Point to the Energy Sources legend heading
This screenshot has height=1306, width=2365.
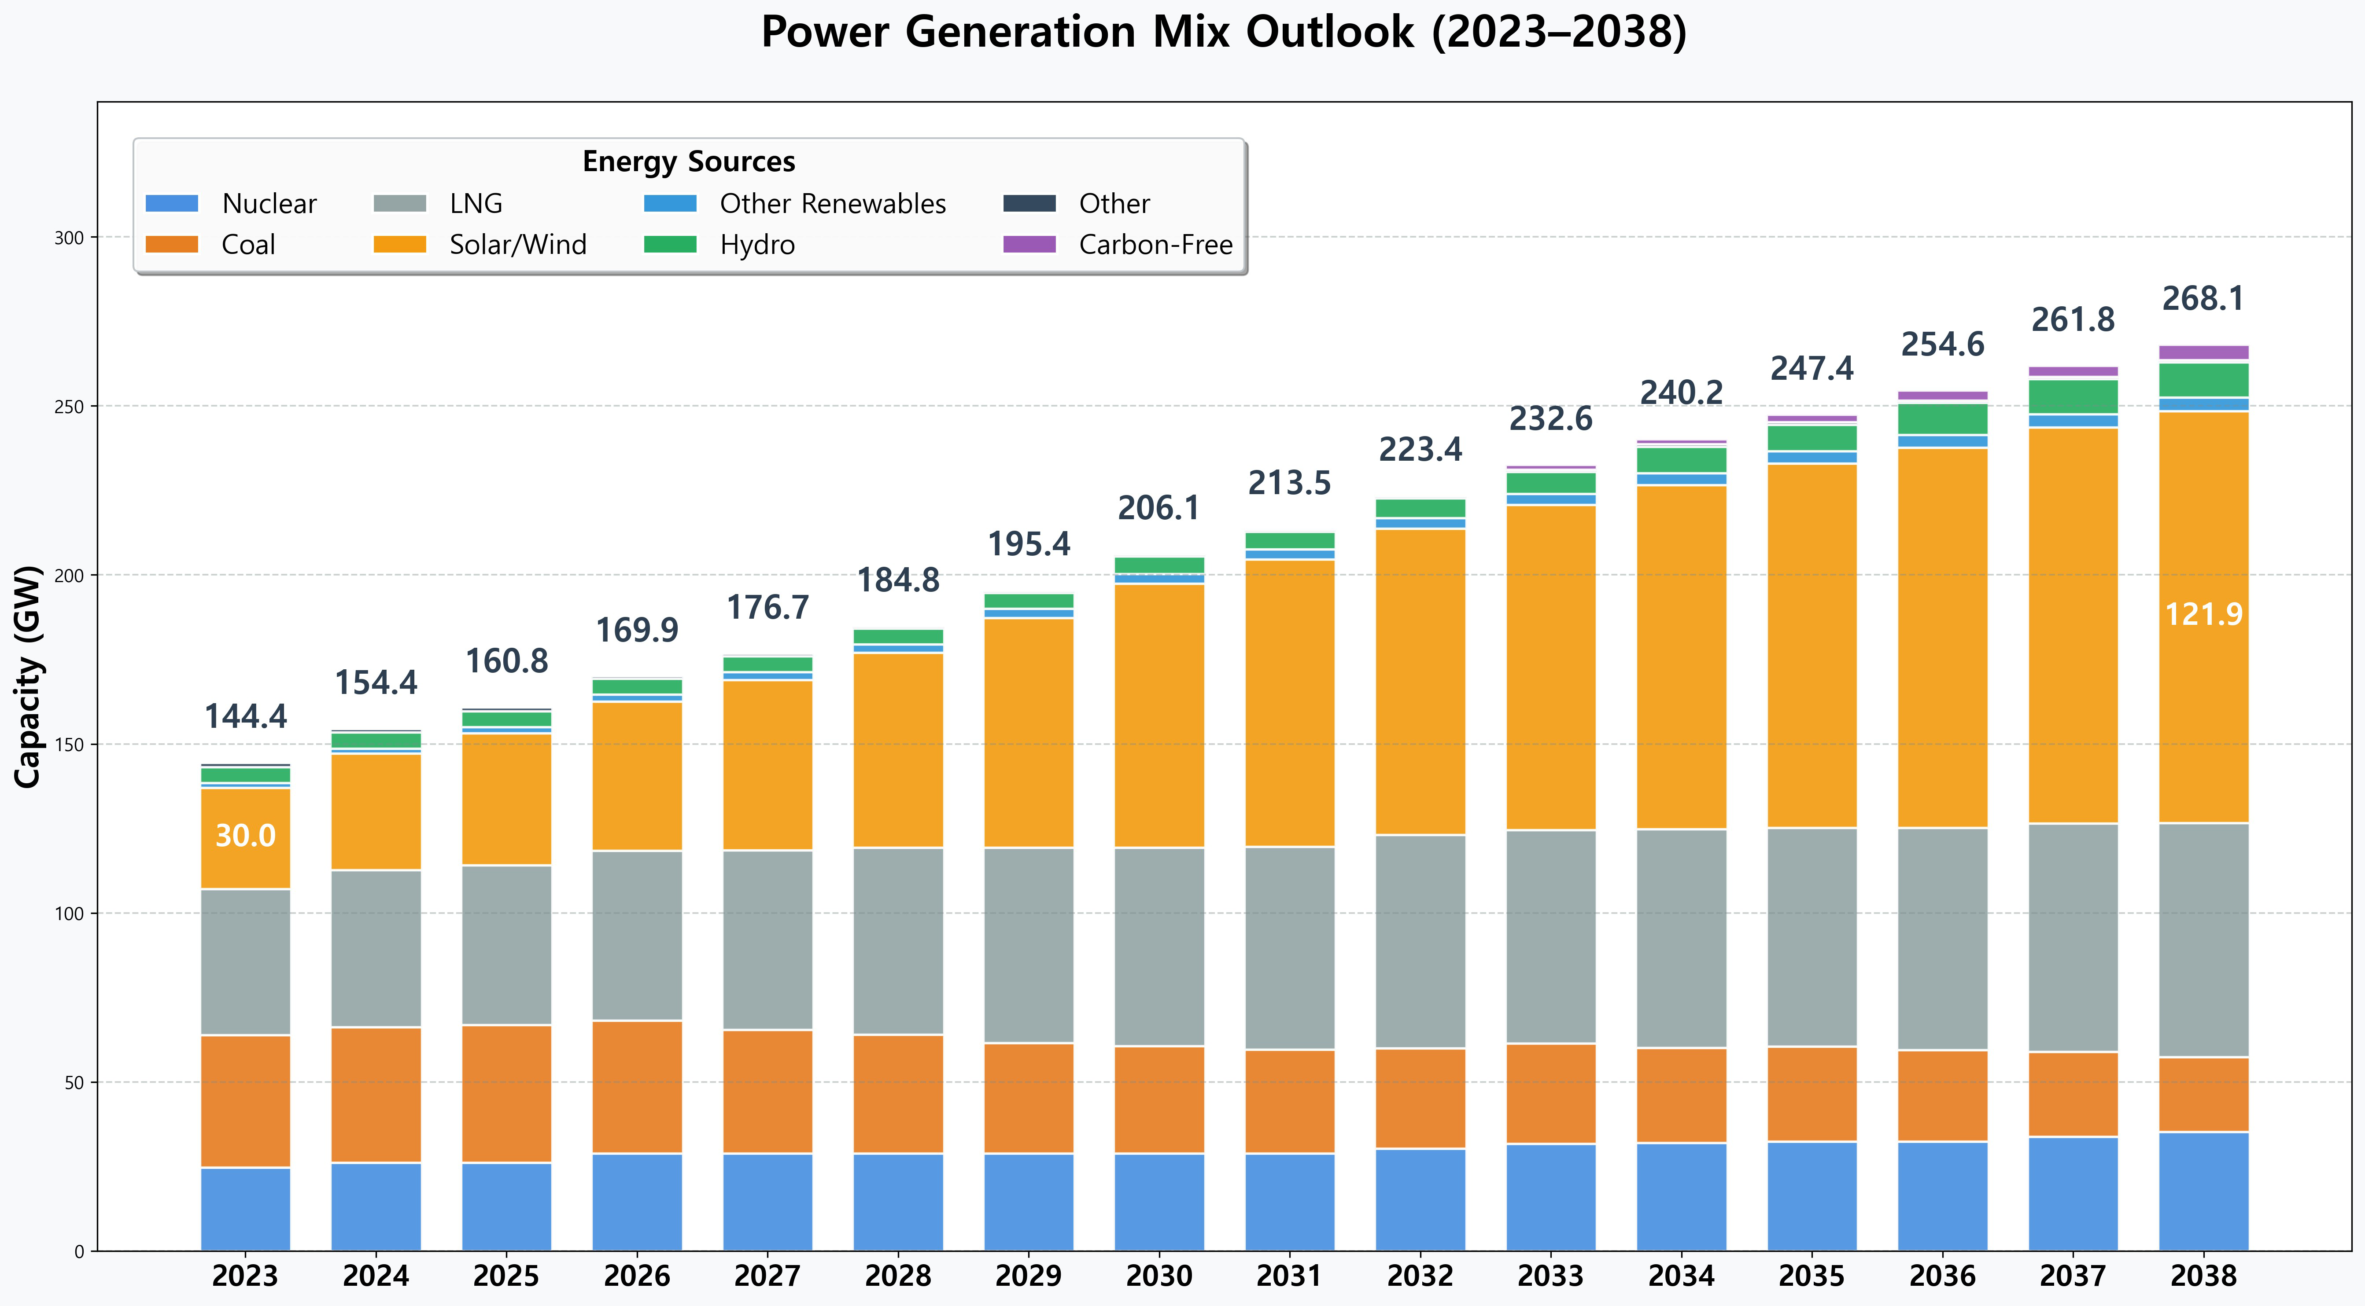pyautogui.click(x=689, y=161)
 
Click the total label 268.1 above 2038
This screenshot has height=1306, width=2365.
pyautogui.click(x=2203, y=299)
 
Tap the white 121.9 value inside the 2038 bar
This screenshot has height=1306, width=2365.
pyautogui.click(x=2203, y=614)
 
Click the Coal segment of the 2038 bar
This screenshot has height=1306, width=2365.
pyautogui.click(x=2203, y=1095)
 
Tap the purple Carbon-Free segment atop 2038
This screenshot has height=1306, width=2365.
pyautogui.click(x=2203, y=352)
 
